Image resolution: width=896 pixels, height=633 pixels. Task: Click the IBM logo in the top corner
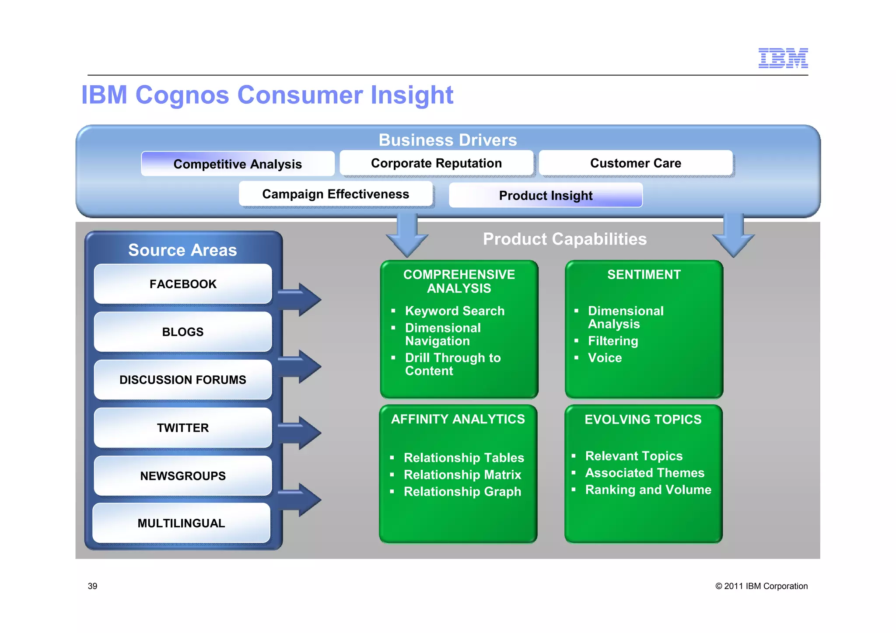point(783,58)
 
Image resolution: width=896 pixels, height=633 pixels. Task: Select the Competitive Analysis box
point(238,164)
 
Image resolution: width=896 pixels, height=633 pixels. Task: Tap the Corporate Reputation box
point(436,163)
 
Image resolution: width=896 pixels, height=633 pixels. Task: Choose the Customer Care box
point(635,163)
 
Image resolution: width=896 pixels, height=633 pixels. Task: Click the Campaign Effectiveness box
point(336,194)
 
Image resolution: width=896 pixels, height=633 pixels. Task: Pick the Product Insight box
point(546,195)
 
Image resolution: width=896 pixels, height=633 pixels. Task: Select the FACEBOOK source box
point(183,284)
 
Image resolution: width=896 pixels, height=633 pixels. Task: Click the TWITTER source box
point(183,427)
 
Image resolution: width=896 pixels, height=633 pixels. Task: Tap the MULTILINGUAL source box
point(181,523)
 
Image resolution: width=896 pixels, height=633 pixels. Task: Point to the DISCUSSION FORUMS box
point(183,380)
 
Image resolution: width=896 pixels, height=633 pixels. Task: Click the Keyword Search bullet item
point(455,311)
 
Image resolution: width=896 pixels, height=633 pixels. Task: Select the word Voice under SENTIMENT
point(605,358)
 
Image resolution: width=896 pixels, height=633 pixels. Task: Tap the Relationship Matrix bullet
point(462,475)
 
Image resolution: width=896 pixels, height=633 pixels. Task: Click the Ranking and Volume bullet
point(648,490)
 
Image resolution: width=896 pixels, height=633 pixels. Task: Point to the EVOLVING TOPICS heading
point(643,419)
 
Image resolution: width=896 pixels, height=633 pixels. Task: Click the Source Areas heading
point(182,250)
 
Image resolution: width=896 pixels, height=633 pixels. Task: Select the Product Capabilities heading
point(564,239)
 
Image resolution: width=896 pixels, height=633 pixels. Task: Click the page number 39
point(93,586)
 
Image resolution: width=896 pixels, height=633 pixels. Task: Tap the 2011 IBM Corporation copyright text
point(761,586)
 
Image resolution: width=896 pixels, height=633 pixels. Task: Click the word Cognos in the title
point(182,95)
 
